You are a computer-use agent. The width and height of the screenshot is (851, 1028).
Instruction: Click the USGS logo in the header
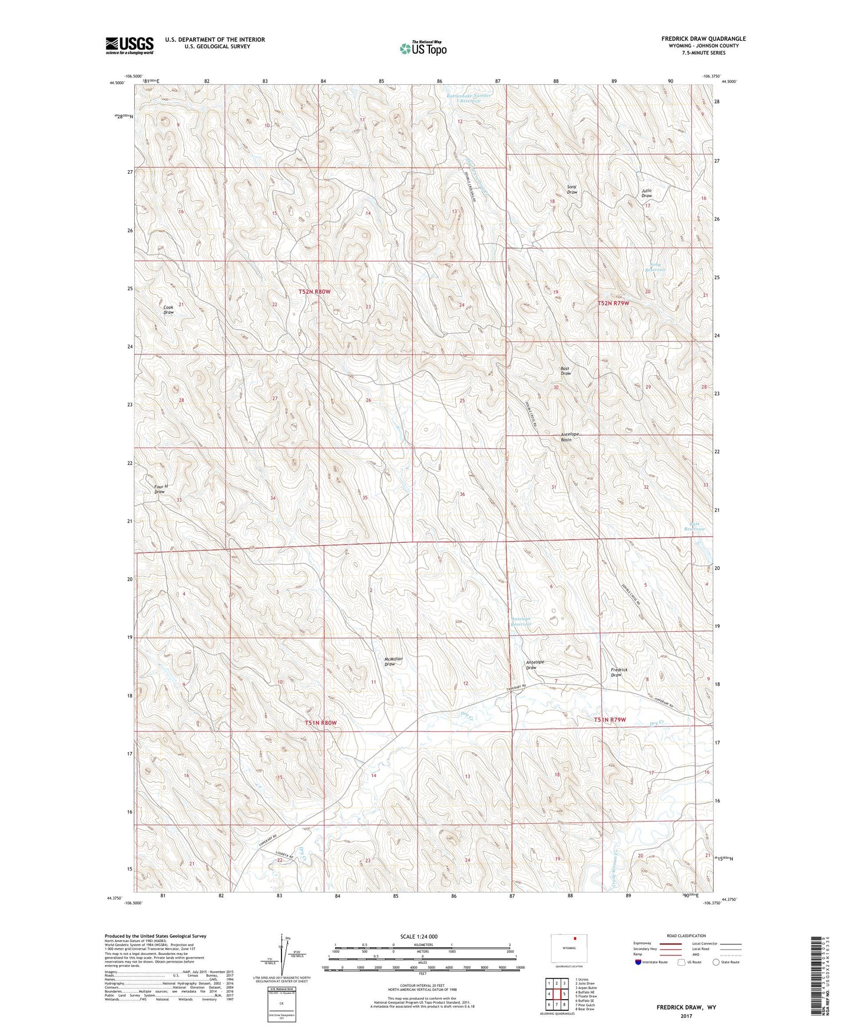[x=130, y=45]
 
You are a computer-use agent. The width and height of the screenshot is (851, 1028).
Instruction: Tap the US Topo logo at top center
[x=422, y=48]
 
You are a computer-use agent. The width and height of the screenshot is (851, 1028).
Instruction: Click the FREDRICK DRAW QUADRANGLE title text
[x=703, y=39]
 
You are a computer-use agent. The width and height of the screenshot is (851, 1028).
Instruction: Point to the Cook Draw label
[x=168, y=310]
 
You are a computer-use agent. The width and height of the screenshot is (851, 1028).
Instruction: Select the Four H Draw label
[x=161, y=489]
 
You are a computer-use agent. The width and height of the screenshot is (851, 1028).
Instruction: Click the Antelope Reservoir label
[x=521, y=621]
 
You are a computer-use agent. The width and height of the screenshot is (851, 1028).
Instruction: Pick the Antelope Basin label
[x=569, y=437]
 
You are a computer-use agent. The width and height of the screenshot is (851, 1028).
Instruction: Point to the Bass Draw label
[x=565, y=371]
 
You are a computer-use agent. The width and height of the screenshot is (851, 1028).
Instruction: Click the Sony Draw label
[x=572, y=190]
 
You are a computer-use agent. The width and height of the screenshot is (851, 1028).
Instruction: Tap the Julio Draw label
[x=647, y=193]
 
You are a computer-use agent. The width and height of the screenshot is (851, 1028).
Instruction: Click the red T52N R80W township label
[x=314, y=292]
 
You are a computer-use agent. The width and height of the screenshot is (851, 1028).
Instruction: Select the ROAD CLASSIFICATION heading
[x=686, y=936]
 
